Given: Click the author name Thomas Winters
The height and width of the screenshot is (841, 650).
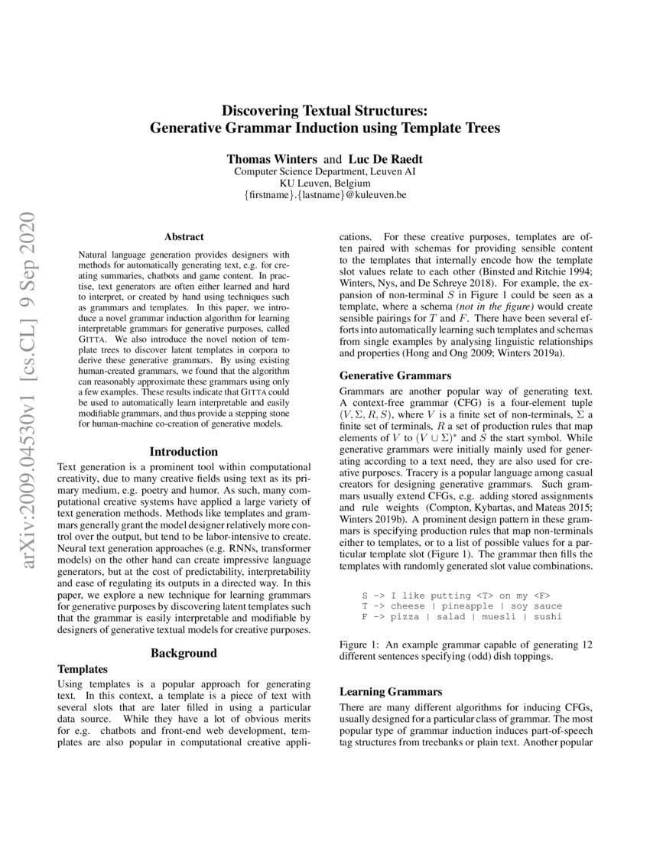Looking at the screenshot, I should coord(271,160).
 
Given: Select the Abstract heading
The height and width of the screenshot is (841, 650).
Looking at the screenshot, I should coord(184,238).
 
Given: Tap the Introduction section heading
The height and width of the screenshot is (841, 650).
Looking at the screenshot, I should coord(184,452).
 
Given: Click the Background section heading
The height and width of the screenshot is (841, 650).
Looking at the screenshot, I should coord(184,653).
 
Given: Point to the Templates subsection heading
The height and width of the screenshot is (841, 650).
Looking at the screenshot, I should coord(83,668).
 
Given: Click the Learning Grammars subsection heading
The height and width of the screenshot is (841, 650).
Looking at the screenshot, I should coord(391,691).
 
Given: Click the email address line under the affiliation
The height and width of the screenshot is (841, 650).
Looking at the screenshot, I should coord(325,196).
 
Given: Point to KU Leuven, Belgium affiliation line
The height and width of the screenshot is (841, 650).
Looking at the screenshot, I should coord(325,184).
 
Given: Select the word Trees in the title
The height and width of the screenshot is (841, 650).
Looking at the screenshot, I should coord(479,128).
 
